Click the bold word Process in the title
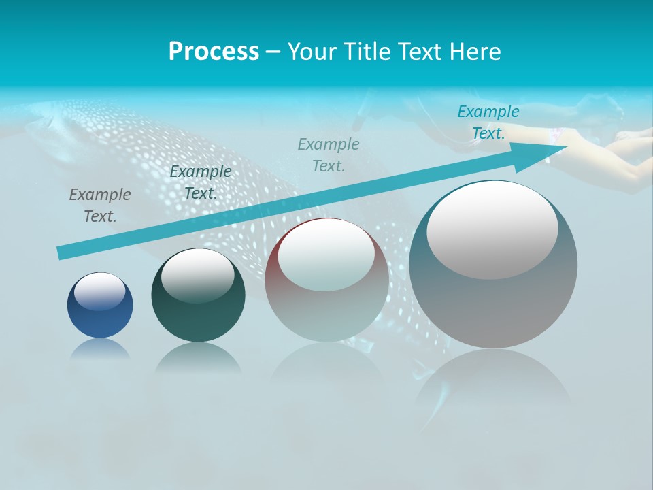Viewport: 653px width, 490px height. [x=214, y=52]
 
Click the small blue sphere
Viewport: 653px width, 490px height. [x=100, y=320]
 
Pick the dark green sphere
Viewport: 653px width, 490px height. [x=198, y=313]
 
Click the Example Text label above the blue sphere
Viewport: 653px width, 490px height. [x=100, y=205]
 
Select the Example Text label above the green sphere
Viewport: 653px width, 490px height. [x=200, y=182]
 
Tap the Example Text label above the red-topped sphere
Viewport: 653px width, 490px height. [x=329, y=154]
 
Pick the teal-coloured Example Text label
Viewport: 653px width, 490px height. [x=488, y=122]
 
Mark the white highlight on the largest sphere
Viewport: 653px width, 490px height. [x=492, y=229]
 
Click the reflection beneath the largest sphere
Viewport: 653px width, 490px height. [x=493, y=381]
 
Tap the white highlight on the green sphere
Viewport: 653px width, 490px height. [x=197, y=275]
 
